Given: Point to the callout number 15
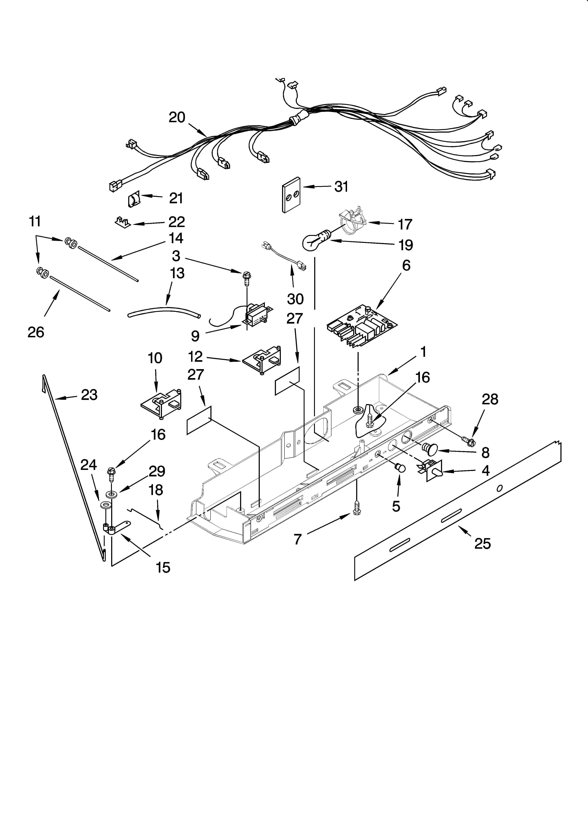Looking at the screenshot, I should [x=163, y=567].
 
